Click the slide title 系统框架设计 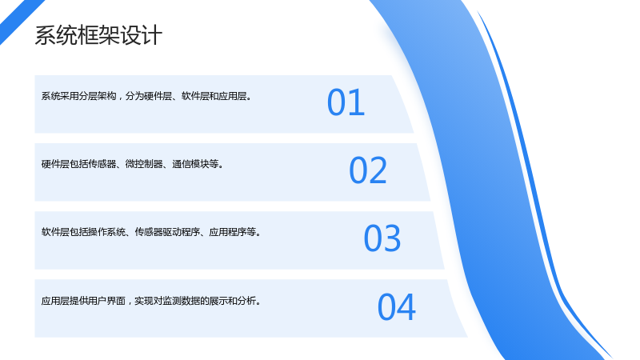point(98,35)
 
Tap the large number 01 point(346,102)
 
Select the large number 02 point(368,170)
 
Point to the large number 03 point(382,238)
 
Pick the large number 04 point(396,307)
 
